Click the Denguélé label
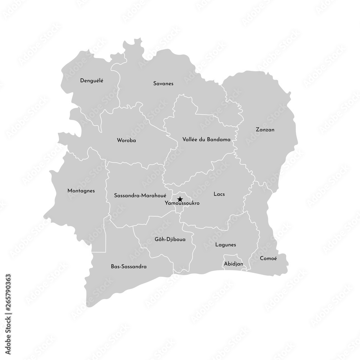(x=91, y=81)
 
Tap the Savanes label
(x=163, y=84)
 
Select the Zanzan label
(x=265, y=130)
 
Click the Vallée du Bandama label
(x=206, y=139)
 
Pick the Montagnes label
(x=81, y=191)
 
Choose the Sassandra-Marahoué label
(x=140, y=195)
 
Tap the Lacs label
(x=219, y=194)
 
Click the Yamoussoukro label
(x=182, y=203)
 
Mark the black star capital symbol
(x=180, y=199)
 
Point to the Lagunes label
(x=225, y=245)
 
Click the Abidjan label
(x=233, y=264)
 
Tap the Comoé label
(x=268, y=258)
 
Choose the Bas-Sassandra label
(x=129, y=267)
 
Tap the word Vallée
(x=190, y=139)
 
